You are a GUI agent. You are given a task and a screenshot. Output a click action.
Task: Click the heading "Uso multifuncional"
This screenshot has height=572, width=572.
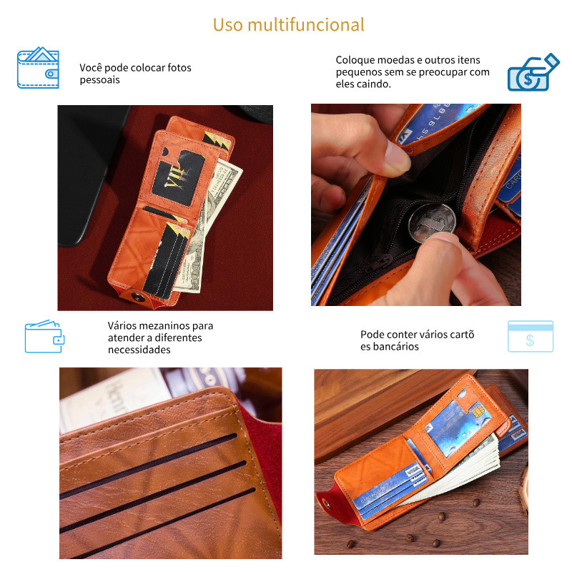click(x=289, y=25)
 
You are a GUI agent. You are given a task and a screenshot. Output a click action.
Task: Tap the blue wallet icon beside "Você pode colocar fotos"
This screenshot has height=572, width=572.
click(x=38, y=67)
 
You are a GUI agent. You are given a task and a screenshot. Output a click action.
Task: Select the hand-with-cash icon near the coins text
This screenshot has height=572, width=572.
click(x=533, y=72)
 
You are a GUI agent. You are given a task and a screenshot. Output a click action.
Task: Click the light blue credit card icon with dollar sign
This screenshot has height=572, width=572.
click(x=531, y=336)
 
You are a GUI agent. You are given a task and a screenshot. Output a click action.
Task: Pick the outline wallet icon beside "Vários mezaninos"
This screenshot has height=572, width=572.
click(x=44, y=336)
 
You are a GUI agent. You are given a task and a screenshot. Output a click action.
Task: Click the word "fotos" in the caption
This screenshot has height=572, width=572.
click(x=179, y=68)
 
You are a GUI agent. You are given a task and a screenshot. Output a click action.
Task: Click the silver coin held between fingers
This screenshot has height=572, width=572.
click(x=432, y=222)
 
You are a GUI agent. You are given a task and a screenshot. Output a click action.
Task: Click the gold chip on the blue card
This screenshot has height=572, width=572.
click(x=478, y=411)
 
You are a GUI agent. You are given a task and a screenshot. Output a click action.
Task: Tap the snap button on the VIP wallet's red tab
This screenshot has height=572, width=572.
click(x=137, y=297)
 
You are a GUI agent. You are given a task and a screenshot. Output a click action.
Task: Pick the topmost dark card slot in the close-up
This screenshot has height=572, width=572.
click(x=148, y=466)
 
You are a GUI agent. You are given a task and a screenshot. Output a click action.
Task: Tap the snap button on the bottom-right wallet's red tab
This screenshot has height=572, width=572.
click(x=327, y=505)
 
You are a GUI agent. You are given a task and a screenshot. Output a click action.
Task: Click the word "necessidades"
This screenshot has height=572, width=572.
click(x=139, y=350)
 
